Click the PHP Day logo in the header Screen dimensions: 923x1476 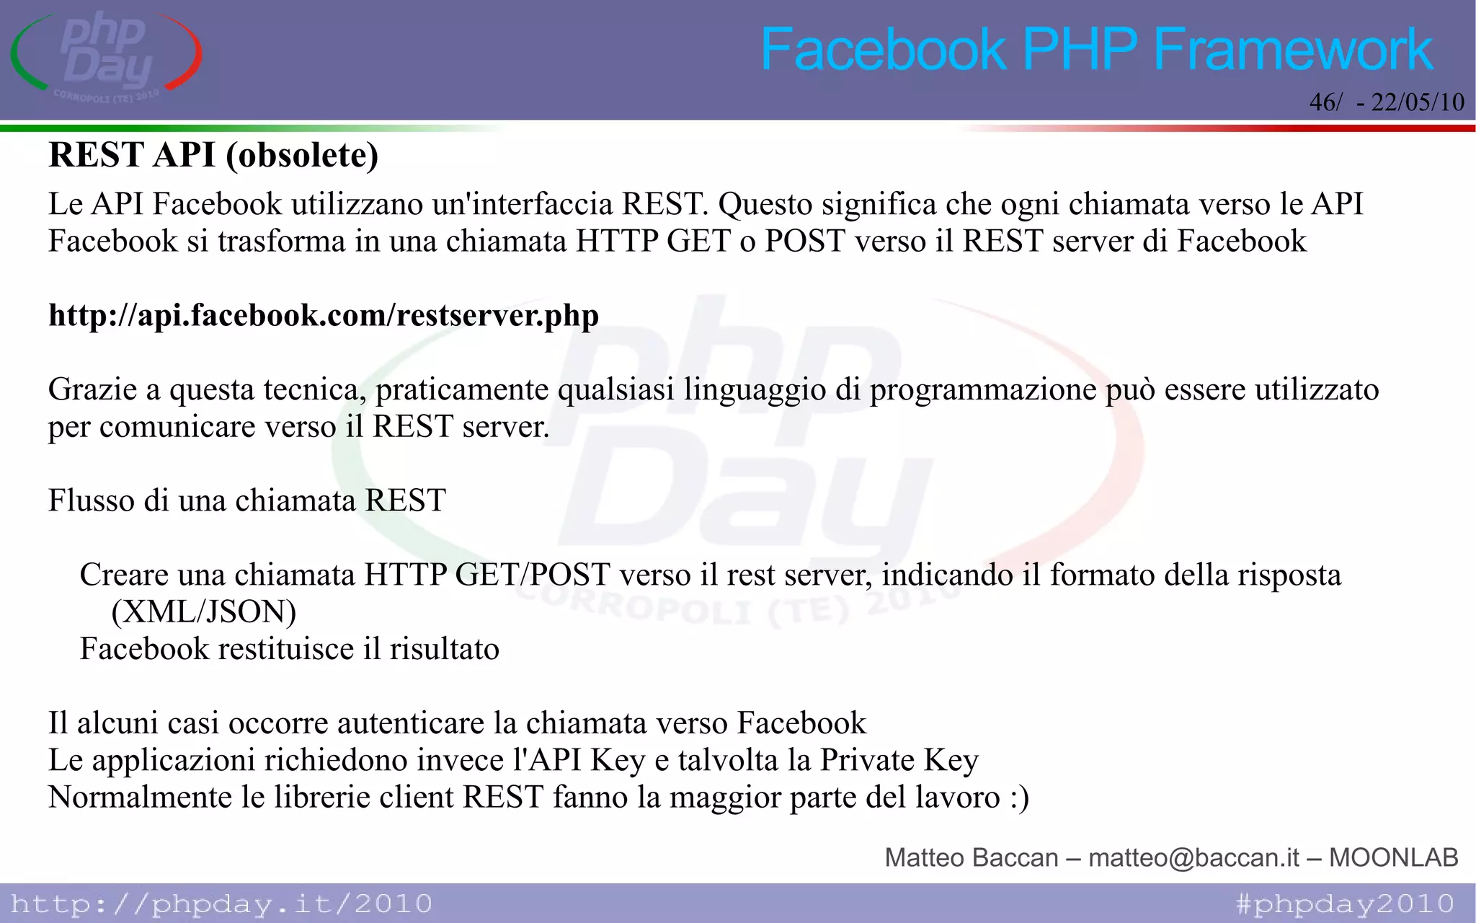coord(107,56)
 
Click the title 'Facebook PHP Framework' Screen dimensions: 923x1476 coord(1096,49)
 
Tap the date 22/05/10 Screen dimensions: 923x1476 coord(1417,102)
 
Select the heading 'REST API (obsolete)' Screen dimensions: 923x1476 coord(213,155)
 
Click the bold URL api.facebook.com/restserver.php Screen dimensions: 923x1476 coord(324,315)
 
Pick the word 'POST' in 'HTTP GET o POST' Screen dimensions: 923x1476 coord(805,242)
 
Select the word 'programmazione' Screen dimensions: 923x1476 coord(983,390)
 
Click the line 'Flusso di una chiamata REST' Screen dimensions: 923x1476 coord(247,500)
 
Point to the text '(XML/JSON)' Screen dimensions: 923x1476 coord(204,611)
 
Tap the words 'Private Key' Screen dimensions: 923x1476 coord(899,760)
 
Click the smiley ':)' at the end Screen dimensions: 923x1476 coord(1019,798)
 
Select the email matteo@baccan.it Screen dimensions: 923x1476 coord(1193,857)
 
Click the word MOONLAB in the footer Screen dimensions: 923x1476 coord(1393,857)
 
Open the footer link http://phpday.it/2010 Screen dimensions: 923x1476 coord(221,904)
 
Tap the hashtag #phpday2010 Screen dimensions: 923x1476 coord(1345,904)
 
